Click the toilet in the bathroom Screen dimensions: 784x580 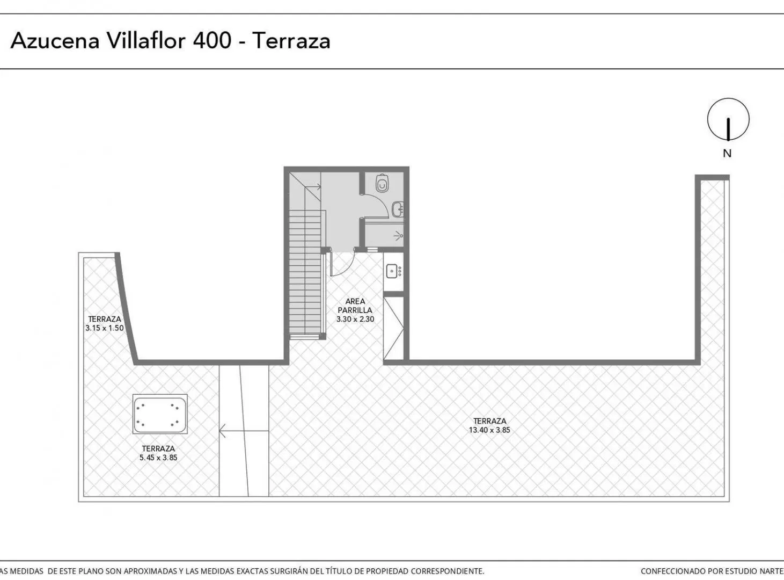coord(382,183)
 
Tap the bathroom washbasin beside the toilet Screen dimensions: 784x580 coord(398,209)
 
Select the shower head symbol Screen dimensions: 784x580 coord(399,234)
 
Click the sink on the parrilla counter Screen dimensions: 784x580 coord(392,271)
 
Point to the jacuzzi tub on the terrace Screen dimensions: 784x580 coord(160,414)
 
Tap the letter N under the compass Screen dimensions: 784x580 coord(727,154)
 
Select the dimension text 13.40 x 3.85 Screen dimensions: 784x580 coord(489,430)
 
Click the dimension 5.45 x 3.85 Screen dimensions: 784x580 coord(158,458)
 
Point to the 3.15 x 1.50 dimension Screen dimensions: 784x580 coord(104,328)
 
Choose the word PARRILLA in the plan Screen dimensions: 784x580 coord(355,310)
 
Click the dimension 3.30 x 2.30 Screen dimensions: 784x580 coord(355,319)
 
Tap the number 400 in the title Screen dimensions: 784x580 coord(212,40)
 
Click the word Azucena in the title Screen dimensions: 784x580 coord(55,41)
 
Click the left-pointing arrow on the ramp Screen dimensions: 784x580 coord(244,431)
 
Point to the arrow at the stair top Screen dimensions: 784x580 coord(313,186)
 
